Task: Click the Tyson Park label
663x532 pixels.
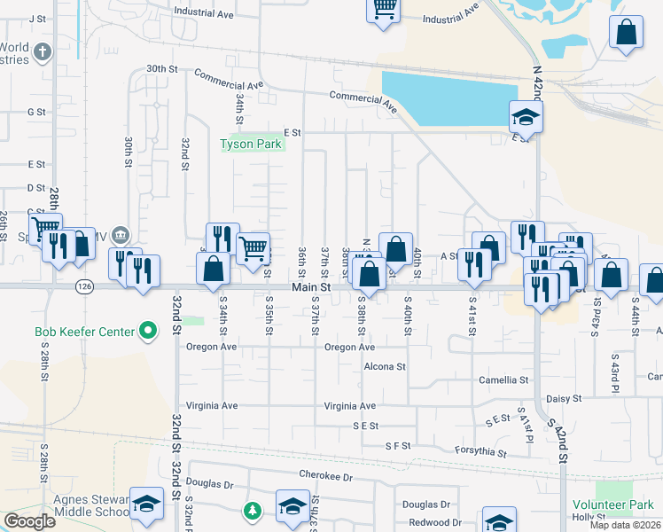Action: [251, 145]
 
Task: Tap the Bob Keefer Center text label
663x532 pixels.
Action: [84, 332]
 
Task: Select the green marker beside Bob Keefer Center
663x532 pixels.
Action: [149, 332]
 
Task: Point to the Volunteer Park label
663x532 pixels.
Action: [614, 505]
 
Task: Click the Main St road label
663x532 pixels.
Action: [311, 287]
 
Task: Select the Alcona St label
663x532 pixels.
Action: [384, 365]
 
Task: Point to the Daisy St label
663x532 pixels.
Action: [563, 399]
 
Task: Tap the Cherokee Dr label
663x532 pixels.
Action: [325, 476]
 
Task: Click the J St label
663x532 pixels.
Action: [36, 18]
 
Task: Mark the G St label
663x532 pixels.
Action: [36, 112]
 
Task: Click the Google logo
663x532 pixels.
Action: [30, 520]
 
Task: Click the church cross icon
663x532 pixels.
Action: [42, 52]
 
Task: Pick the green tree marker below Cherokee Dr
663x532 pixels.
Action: [253, 511]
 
